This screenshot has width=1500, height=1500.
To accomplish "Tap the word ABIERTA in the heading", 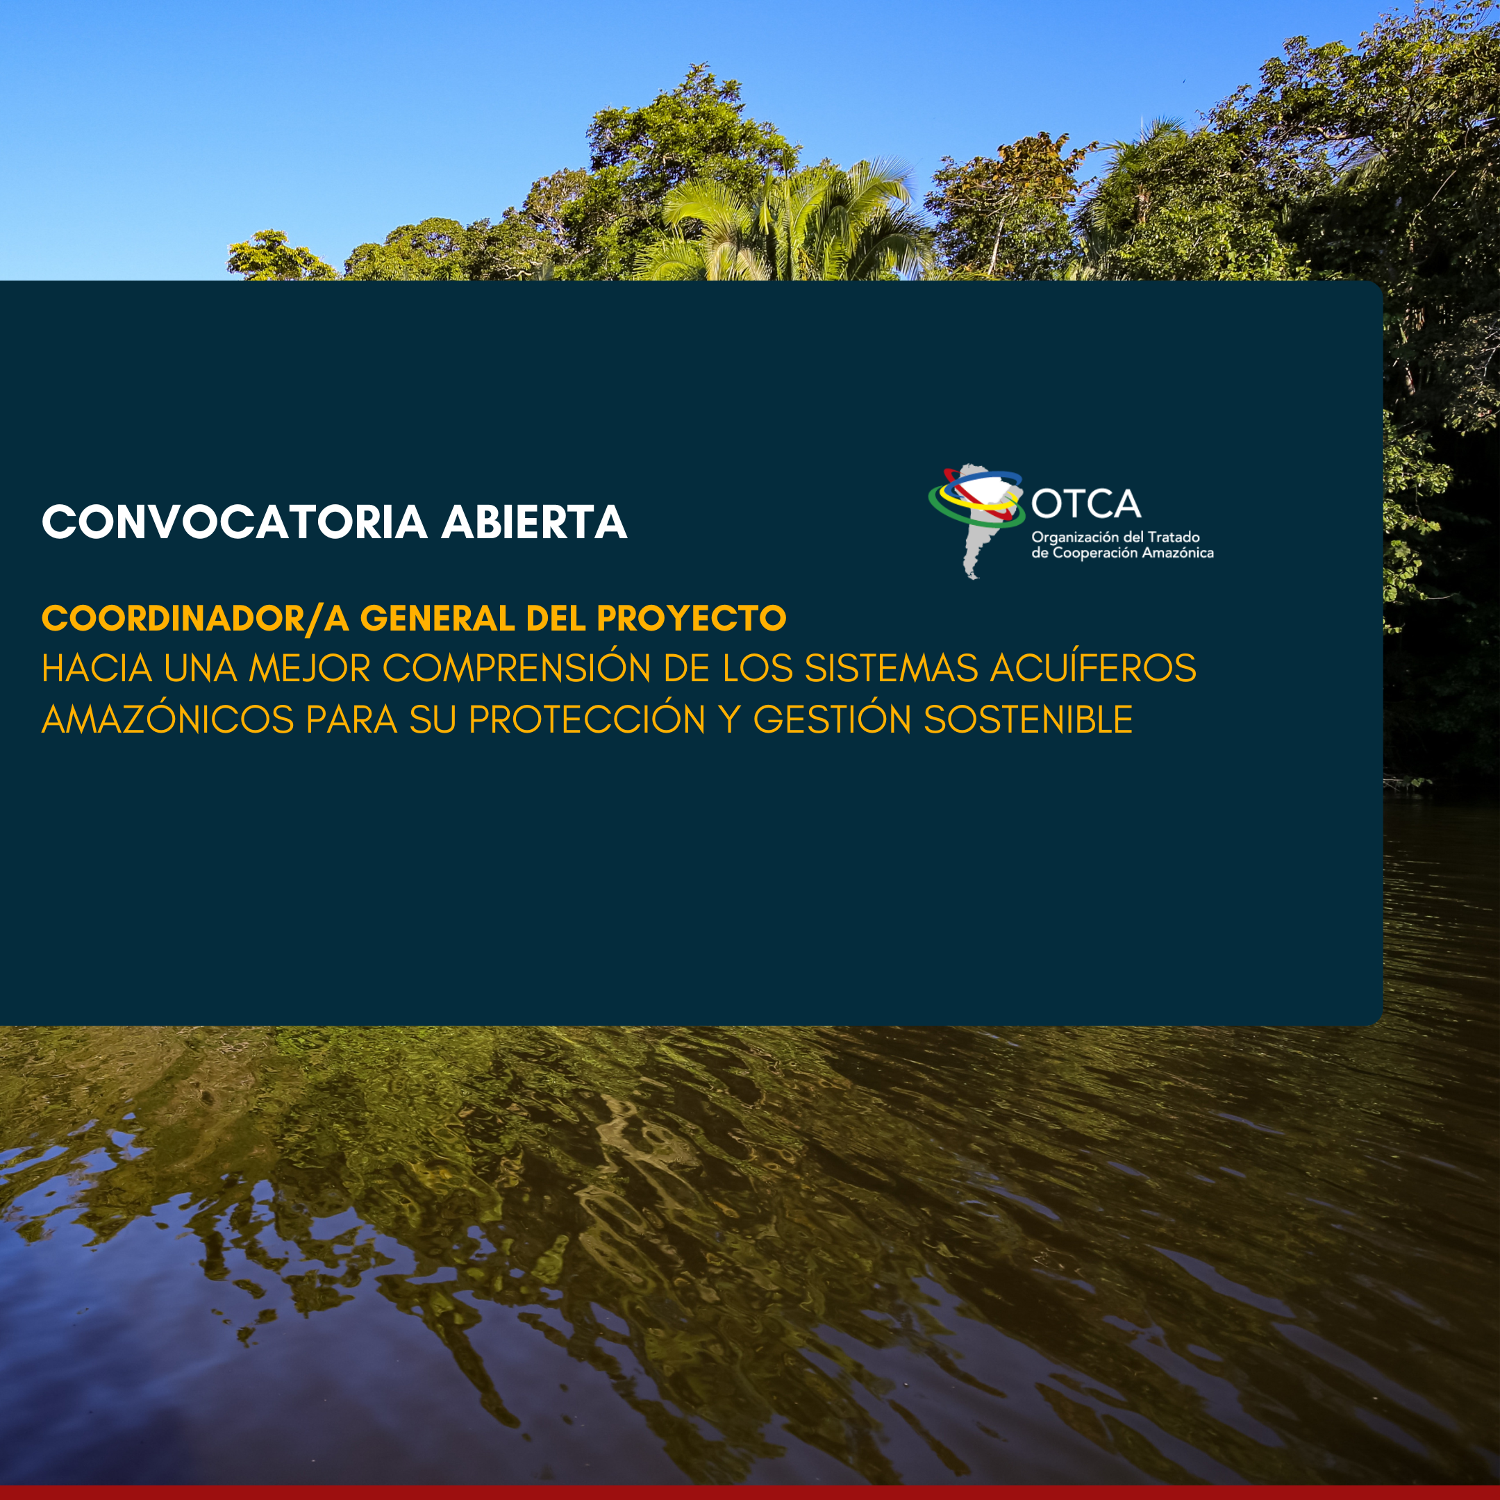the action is click(x=534, y=522).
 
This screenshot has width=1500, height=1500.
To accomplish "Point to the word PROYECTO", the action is click(x=692, y=619).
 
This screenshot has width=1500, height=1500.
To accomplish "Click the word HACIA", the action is click(x=97, y=669).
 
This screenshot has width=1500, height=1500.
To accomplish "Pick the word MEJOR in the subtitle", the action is click(x=309, y=669).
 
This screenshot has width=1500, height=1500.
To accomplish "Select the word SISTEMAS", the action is click(x=890, y=669).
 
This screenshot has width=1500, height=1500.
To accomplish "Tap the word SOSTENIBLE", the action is click(x=1028, y=719).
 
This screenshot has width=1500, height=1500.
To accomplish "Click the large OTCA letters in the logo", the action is click(x=1086, y=504).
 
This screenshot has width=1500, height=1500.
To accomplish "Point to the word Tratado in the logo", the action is click(x=1173, y=537).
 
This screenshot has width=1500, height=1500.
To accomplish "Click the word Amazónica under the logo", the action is click(x=1178, y=553).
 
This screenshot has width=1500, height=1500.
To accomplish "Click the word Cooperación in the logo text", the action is click(x=1096, y=553).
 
